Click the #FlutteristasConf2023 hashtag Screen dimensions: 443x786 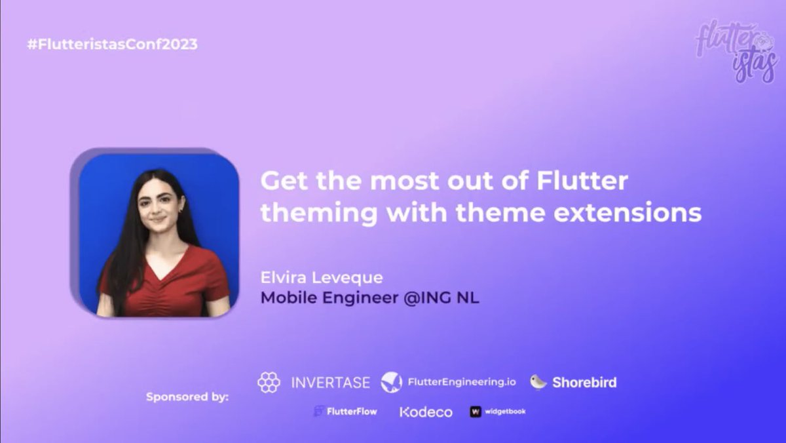(x=112, y=45)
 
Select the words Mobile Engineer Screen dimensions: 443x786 (x=329, y=298)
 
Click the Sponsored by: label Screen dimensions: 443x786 (x=187, y=396)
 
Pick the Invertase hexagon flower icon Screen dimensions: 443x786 (x=269, y=382)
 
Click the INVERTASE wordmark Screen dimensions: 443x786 (x=331, y=382)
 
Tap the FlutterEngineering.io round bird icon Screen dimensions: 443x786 (x=392, y=382)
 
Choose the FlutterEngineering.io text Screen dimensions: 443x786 (x=462, y=382)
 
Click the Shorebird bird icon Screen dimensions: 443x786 (x=538, y=381)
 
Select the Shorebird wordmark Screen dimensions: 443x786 (x=584, y=382)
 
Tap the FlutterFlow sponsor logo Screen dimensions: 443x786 (x=345, y=412)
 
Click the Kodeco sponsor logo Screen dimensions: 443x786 (x=426, y=412)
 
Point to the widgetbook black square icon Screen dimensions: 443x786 (x=476, y=412)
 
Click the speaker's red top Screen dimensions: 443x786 (x=164, y=282)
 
